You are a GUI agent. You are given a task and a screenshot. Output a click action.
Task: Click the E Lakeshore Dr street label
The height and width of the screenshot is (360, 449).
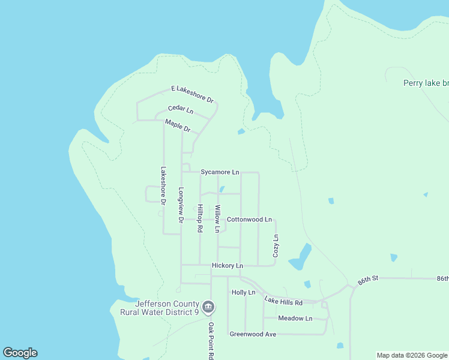pos(193,93)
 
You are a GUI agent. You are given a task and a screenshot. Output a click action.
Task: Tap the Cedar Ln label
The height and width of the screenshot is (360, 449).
pos(181,110)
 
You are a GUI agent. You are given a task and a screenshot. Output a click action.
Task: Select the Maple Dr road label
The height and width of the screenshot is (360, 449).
pos(177,126)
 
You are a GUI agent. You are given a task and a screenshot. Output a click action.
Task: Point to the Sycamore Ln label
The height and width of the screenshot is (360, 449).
pos(220,172)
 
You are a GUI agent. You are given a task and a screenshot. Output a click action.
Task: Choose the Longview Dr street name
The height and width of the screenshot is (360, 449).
pos(180,205)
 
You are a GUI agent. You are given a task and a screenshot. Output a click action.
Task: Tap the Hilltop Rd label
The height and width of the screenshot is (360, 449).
pos(200,219)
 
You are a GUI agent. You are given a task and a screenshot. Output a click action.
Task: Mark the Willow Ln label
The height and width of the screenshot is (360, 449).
pos(217,219)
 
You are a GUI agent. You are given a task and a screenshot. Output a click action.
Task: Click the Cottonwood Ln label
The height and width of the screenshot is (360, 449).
pos(249,220)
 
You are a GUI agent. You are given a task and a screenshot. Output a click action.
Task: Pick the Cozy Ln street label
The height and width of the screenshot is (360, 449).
pos(276,246)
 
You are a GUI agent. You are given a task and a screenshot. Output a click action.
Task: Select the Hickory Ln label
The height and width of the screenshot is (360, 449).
pos(228,265)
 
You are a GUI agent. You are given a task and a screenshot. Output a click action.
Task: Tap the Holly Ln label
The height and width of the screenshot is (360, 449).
pos(244,292)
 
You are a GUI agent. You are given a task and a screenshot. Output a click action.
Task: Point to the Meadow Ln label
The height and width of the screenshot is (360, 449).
pos(295,318)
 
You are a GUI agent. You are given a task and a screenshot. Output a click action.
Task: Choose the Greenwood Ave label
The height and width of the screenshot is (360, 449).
pos(253,334)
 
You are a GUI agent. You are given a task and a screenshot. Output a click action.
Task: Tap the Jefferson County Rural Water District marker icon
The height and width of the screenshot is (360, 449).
pos(208,307)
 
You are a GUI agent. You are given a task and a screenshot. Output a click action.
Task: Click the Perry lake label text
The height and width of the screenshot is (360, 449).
pos(426,83)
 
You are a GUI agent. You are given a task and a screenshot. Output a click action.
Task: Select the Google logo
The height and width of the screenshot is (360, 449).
pos(20,353)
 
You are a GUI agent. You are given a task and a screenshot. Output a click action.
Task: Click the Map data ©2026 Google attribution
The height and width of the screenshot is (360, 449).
pos(411,355)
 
